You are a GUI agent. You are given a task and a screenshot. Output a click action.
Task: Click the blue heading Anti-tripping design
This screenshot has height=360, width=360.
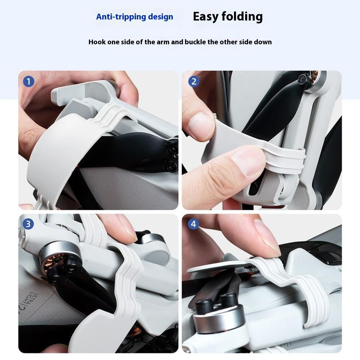pyautogui.click(x=135, y=17)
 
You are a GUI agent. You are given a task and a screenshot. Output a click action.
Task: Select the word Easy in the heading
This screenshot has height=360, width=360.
pyautogui.click(x=206, y=17)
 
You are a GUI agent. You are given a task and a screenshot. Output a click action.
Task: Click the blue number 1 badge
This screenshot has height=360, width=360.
pyautogui.click(x=28, y=81)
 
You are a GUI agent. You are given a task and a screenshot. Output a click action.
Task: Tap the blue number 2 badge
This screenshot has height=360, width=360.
pyautogui.click(x=194, y=81)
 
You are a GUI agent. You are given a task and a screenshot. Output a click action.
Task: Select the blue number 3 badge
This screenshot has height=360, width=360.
pyautogui.click(x=28, y=224)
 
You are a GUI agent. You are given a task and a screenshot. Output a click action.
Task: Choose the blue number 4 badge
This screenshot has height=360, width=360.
pyautogui.click(x=193, y=224)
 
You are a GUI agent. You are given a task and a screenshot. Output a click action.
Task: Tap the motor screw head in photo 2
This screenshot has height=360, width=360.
pyautogui.click(x=302, y=80)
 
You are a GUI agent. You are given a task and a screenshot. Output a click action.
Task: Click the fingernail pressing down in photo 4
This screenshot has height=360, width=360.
pyautogui.click(x=268, y=237)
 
